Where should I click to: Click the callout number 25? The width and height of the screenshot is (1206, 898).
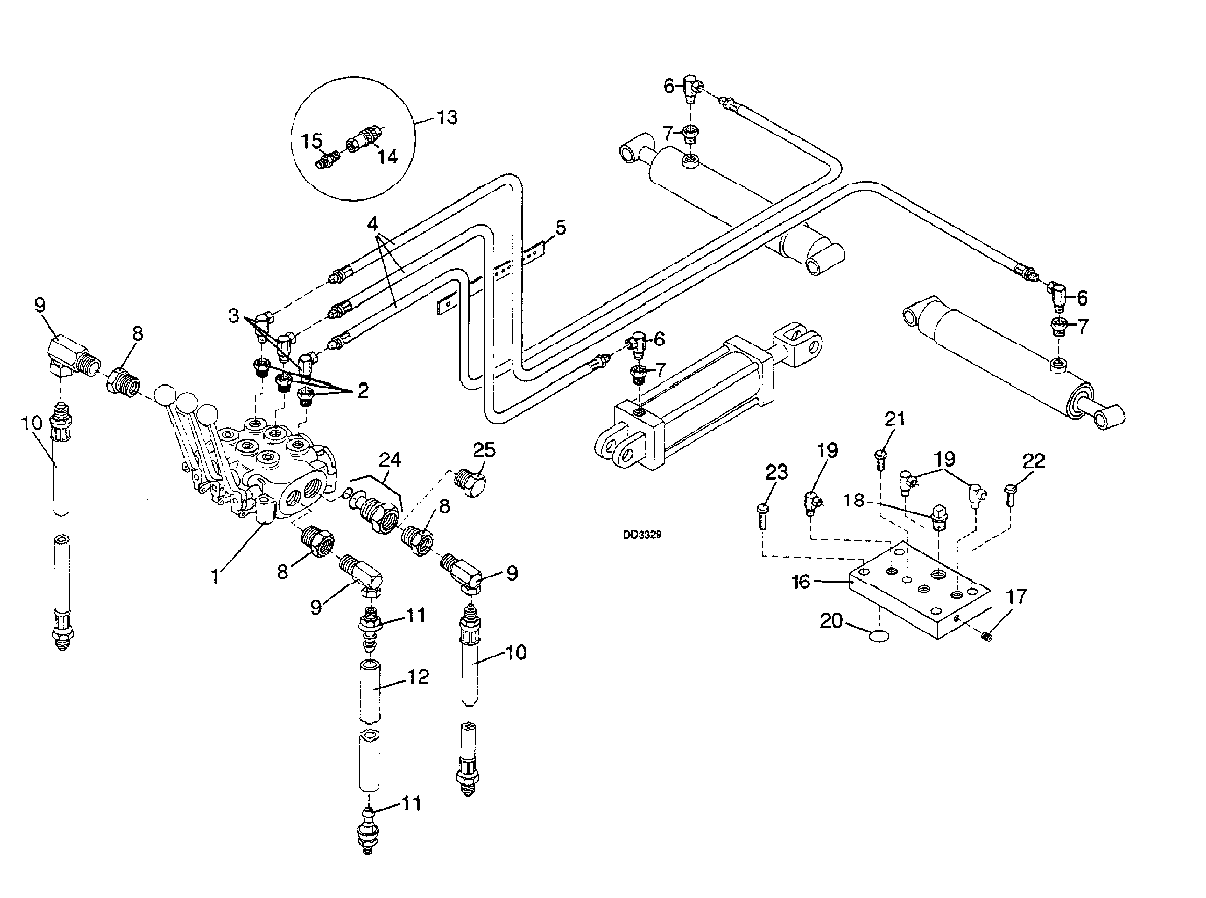484,450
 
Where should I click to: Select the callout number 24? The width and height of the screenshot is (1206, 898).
390,460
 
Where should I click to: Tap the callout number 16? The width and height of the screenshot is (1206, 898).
801,582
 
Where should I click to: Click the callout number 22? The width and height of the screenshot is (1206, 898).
1034,461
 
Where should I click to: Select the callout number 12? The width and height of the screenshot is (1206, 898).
418,677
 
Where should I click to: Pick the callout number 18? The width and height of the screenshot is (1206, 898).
853,500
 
